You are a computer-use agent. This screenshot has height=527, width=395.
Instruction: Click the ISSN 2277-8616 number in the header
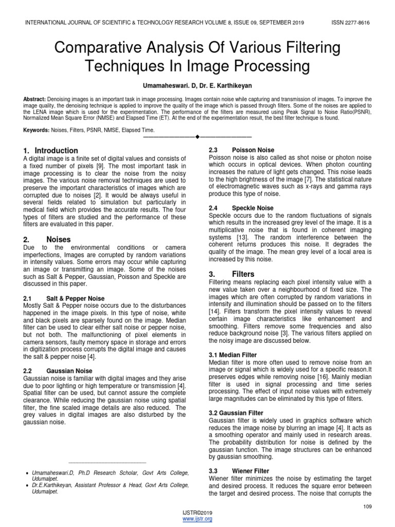tap(351, 23)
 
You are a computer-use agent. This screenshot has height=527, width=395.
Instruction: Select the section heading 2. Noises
tap(47, 239)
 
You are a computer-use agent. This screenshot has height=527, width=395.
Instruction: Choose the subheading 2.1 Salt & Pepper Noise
tap(64, 298)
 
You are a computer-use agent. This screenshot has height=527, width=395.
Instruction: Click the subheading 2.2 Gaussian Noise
tap(58, 371)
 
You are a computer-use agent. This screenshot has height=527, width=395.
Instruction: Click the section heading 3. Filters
tap(231, 274)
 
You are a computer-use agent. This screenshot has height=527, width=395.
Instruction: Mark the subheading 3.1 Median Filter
tap(232, 355)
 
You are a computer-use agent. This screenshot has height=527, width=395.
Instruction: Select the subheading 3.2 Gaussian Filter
tap(236, 413)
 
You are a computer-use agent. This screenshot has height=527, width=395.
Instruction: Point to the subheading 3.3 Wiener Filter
tap(231, 471)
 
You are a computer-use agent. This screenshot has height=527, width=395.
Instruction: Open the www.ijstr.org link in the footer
tap(197, 519)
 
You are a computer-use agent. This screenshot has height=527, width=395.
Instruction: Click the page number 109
tap(366, 507)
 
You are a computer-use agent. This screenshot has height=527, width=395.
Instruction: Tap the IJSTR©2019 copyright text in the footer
tap(197, 513)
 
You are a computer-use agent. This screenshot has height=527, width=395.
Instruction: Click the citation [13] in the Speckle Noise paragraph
tap(243, 237)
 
